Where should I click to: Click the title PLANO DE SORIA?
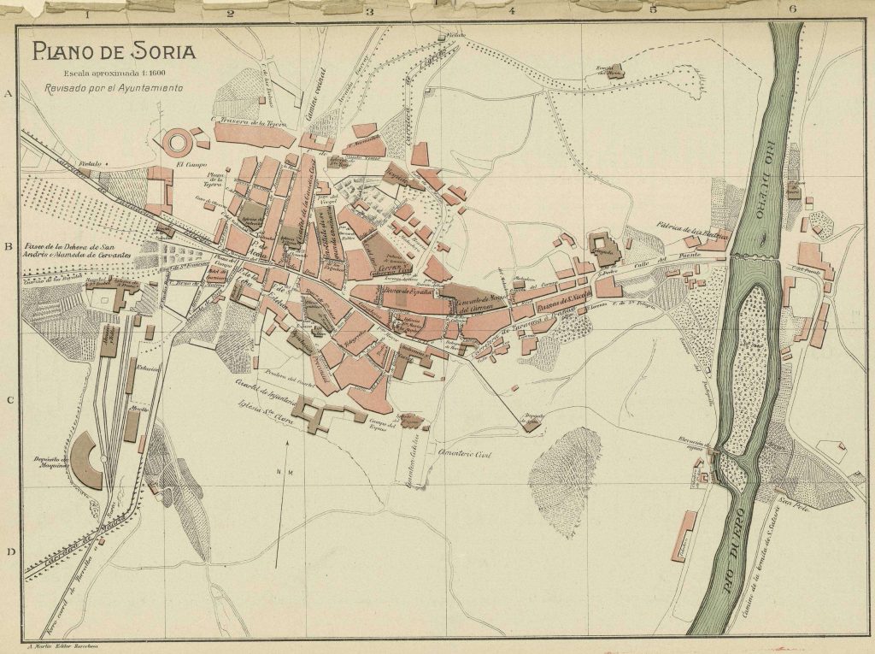(115, 51)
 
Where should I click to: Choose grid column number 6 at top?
(792, 10)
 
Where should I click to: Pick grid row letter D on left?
(10, 551)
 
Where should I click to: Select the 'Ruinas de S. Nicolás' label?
(564, 305)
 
